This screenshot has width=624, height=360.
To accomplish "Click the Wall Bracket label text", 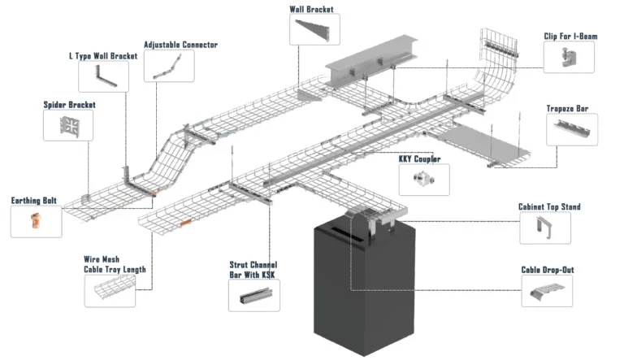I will (311, 10).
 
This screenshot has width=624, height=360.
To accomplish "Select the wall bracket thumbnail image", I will (313, 32).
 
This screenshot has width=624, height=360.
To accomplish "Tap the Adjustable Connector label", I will (180, 45).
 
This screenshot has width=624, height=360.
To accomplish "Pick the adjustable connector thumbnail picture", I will (169, 66).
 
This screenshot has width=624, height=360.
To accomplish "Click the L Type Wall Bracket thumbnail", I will (102, 76).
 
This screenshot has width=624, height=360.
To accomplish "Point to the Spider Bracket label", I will (70, 105).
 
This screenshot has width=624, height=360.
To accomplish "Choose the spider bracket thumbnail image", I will (68, 126).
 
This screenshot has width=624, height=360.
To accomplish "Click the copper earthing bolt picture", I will (36, 221).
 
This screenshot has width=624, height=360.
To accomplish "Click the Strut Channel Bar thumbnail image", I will (254, 297).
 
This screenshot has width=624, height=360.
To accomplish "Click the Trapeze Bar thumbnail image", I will (572, 129).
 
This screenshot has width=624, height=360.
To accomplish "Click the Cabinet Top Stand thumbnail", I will (545, 228).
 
